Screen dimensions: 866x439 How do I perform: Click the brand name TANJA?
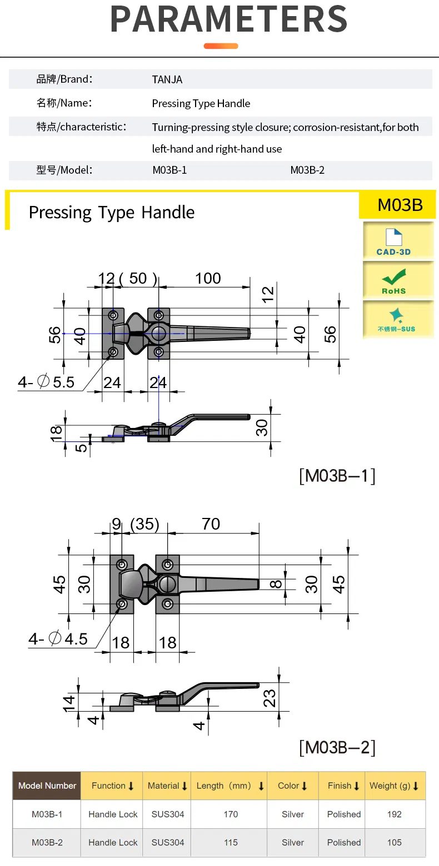tap(167, 79)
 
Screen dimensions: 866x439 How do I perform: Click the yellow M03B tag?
tap(400, 205)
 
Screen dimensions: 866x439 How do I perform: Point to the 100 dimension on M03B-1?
tap(208, 278)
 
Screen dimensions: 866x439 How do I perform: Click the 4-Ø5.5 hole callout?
tap(46, 382)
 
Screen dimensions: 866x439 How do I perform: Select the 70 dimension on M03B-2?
tap(211, 523)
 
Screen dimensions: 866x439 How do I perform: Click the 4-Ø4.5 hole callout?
tap(58, 639)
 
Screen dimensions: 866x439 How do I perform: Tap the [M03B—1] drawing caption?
tap(337, 476)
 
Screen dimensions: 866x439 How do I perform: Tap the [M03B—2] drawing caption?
tap(337, 747)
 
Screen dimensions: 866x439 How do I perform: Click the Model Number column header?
tap(47, 786)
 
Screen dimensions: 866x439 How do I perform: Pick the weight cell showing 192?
tap(394, 814)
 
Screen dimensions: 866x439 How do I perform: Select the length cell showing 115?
tap(231, 842)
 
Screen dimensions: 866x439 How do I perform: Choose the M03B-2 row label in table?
tap(47, 842)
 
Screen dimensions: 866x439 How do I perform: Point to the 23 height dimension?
tap(270, 697)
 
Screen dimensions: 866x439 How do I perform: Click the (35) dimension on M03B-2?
tap(144, 524)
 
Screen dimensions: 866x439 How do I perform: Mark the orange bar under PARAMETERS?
tap(221, 46)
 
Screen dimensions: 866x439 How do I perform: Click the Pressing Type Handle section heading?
tap(112, 212)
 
